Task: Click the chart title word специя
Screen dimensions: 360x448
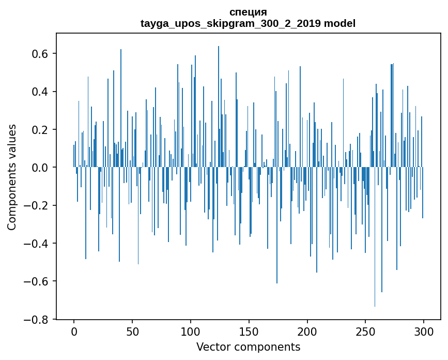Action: pyautogui.click(x=248, y=12)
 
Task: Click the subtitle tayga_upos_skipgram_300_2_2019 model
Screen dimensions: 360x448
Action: pyautogui.click(x=248, y=23)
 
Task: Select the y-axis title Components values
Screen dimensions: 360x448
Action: pyautogui.click(x=12, y=177)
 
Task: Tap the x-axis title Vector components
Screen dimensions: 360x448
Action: pyautogui.click(x=248, y=347)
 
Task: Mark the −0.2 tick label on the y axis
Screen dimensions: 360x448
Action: pyautogui.click(x=38, y=205)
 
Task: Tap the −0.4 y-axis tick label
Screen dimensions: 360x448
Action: pyautogui.click(x=38, y=243)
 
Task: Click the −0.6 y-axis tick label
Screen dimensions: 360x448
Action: pyautogui.click(x=38, y=281)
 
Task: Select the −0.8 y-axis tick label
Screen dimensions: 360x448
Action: pyautogui.click(x=38, y=319)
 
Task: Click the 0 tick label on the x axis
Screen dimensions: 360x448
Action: pyautogui.click(x=74, y=331)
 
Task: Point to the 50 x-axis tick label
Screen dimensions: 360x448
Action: pyautogui.click(x=132, y=331)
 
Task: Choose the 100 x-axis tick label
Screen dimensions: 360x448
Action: pyautogui.click(x=191, y=331)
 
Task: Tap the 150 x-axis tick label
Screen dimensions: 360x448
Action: pyautogui.click(x=249, y=331)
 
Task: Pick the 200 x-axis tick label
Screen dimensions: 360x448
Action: pyautogui.click(x=307, y=331)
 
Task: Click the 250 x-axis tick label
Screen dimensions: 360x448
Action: pyautogui.click(x=365, y=331)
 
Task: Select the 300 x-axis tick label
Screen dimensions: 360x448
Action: pyautogui.click(x=424, y=331)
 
